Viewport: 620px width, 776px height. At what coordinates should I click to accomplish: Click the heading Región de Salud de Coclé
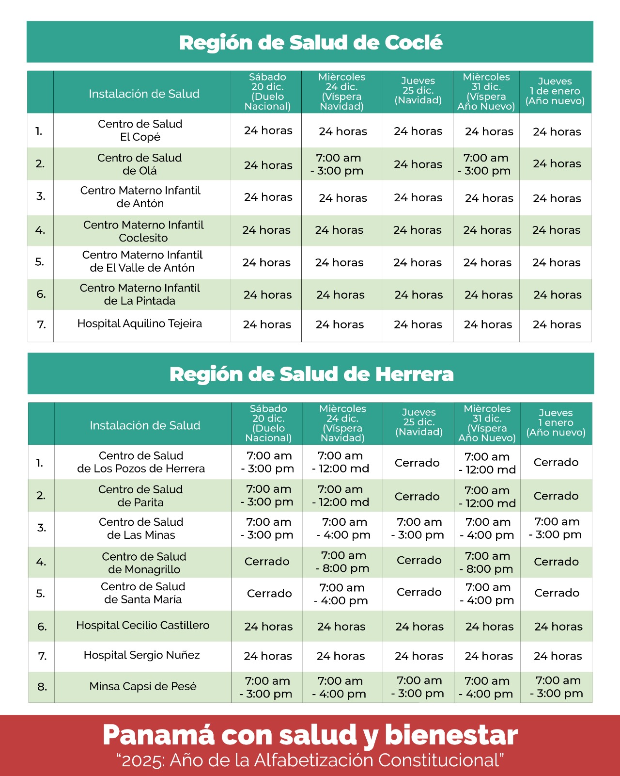tap(310, 42)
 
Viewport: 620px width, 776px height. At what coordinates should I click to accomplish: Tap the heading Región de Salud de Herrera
tap(311, 374)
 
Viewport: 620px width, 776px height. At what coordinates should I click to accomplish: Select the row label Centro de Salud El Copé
tap(140, 130)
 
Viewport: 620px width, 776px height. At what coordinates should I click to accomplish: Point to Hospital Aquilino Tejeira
tap(139, 323)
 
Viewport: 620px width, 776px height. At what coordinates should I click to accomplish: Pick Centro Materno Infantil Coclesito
tap(143, 231)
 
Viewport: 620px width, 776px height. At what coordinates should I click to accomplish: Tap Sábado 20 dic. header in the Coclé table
tap(267, 92)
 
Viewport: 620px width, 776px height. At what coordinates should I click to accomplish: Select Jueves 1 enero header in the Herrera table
tap(556, 423)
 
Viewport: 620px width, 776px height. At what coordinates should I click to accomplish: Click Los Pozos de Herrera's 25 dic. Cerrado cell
tap(417, 463)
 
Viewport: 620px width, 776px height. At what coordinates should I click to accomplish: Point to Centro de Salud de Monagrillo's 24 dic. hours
tap(343, 562)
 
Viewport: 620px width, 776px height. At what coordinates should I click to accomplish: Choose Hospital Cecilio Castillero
tap(143, 626)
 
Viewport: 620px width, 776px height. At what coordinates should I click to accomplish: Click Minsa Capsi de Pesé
tap(143, 686)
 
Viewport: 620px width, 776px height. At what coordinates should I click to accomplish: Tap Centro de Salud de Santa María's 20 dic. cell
tap(269, 593)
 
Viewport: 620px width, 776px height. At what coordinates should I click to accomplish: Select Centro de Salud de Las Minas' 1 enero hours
tap(557, 528)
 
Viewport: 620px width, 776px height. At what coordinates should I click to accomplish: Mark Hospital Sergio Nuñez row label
tap(142, 655)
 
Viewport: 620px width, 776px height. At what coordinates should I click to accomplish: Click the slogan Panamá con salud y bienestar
tap(310, 735)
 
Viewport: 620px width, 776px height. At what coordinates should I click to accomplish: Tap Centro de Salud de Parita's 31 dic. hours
tap(487, 497)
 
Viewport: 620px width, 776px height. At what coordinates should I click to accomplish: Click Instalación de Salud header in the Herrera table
tap(145, 425)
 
